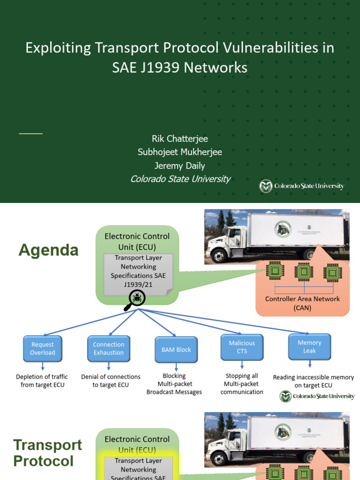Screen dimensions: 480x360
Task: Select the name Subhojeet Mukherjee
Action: pos(180,152)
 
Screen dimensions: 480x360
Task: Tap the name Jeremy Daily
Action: pos(180,165)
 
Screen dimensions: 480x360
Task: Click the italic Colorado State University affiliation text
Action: pos(180,179)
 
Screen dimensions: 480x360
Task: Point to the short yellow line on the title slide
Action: pos(30,134)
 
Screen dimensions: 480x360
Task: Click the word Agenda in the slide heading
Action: pos(48,250)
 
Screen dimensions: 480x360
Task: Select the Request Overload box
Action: pos(43,349)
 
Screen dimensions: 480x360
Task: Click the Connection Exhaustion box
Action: pos(108,349)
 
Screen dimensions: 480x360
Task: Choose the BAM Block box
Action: pos(176,350)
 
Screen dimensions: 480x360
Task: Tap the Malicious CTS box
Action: pos(242,347)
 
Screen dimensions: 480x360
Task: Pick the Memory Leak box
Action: pos(309,347)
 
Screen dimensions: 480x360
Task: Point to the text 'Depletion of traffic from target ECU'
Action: pos(42,381)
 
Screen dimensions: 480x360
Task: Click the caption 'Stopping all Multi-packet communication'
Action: pos(242,384)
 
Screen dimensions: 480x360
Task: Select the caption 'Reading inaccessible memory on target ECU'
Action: pos(313,381)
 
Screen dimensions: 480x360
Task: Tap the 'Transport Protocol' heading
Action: pos(47,453)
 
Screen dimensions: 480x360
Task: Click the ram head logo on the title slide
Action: pos(266,187)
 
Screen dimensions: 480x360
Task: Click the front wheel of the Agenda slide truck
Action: pos(219,256)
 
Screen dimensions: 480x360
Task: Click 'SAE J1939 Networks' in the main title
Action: pos(180,68)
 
